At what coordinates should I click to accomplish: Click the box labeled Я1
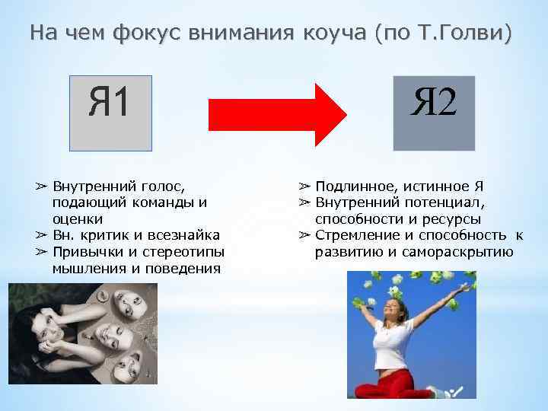point(110,113)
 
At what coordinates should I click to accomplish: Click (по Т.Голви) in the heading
point(444,33)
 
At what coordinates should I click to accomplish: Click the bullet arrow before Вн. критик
point(41,235)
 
